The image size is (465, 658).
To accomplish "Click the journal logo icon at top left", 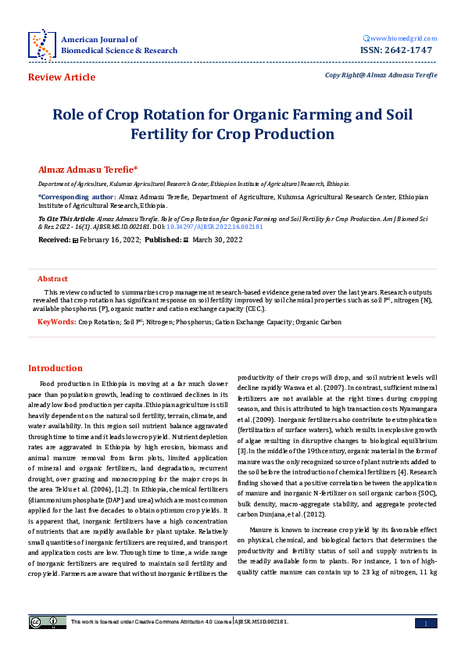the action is coord(41,45).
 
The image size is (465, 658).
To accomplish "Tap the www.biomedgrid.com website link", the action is coord(401,38).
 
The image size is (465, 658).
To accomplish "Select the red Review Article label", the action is coord(62,77).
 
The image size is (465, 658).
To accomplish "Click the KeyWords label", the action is coord(56,321).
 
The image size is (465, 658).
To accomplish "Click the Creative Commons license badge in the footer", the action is coord(44,622).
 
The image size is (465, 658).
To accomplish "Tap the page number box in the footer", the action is coord(424,622).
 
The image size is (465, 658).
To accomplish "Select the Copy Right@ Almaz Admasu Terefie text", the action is coord(381,75).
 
